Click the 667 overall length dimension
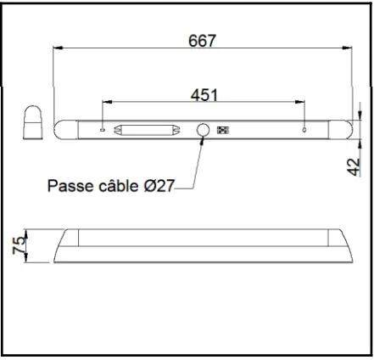[x=203, y=40]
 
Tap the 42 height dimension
[x=356, y=165]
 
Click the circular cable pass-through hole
[x=204, y=131]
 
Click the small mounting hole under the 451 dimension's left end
[x=103, y=131]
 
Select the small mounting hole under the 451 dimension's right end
[x=304, y=131]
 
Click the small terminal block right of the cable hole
[x=225, y=131]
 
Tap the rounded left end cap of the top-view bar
[x=60, y=130]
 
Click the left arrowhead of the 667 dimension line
[x=56, y=48]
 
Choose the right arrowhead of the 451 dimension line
[x=301, y=103]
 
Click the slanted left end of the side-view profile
[x=62, y=245]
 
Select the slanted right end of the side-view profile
[x=344, y=245]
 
